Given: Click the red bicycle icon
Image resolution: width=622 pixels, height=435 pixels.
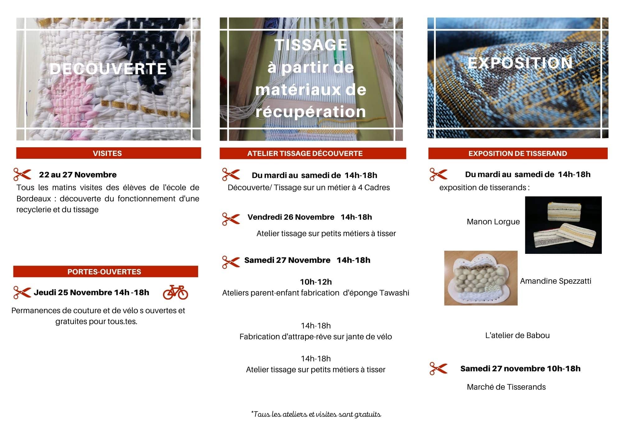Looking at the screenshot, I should (175, 292).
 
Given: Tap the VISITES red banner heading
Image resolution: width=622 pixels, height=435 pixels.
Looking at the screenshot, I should (107, 153).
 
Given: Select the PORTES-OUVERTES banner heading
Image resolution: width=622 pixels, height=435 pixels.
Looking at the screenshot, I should (104, 272).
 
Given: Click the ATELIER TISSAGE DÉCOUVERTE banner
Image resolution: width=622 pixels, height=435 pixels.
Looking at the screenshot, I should (305, 153).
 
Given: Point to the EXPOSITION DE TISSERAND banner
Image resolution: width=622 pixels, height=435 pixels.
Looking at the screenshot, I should (518, 153).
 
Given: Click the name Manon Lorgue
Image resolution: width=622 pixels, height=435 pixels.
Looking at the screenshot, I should (493, 222).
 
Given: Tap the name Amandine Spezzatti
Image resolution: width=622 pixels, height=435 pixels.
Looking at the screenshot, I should (555, 281).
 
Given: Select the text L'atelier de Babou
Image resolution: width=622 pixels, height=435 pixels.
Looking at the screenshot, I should (517, 336).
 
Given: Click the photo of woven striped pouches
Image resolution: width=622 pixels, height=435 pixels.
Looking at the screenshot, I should (563, 225).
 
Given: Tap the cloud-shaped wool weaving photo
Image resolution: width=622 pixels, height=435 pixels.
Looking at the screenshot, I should (481, 278).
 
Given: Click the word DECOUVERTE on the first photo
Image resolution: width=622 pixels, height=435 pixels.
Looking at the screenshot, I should (108, 69).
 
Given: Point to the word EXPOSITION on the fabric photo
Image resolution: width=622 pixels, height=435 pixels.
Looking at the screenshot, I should (520, 63).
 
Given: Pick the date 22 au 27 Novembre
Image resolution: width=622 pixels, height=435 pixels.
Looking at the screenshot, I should (78, 175).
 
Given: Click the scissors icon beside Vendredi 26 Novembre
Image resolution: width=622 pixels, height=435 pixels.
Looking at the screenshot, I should (231, 219).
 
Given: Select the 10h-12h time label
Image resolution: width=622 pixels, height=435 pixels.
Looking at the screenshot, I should (316, 282).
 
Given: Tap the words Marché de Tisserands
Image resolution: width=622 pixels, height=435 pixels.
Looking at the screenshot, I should (506, 387).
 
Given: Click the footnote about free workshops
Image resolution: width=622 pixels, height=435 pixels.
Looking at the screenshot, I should (316, 414).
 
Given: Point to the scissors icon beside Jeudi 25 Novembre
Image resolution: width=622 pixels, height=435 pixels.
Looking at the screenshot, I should (22, 292).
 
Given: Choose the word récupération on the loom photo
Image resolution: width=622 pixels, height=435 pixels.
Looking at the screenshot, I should (310, 112).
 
